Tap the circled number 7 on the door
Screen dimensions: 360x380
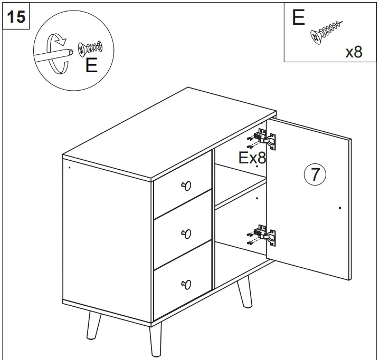click(315, 174)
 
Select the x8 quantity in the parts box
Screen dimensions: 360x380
click(354, 52)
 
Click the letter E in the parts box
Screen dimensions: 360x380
click(298, 17)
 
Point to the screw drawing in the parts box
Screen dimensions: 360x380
click(326, 31)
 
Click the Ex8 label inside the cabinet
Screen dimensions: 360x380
click(252, 158)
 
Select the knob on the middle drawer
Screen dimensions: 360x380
click(186, 233)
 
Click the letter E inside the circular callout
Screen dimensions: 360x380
click(91, 66)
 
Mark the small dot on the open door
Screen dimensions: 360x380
click(340, 208)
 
